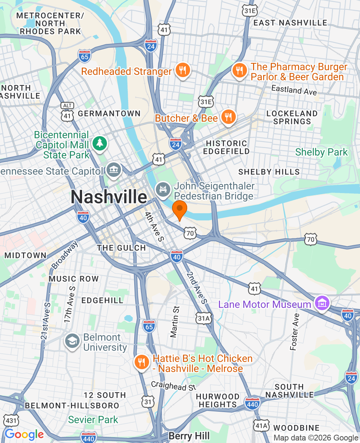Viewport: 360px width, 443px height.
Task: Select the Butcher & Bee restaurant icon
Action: pyautogui.click(x=228, y=117)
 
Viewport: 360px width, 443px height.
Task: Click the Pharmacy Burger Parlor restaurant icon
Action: pyautogui.click(x=239, y=70)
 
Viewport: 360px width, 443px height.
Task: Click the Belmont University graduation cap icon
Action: pyautogui.click(x=72, y=341)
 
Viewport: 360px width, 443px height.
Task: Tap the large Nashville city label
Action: pyautogui.click(x=109, y=197)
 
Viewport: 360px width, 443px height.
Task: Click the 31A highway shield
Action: pyautogui.click(x=203, y=318)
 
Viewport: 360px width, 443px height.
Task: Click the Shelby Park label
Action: pyautogui.click(x=321, y=152)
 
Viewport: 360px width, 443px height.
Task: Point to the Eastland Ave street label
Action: pyautogui.click(x=294, y=90)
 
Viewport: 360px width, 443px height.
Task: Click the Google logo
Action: pyautogui.click(x=24, y=435)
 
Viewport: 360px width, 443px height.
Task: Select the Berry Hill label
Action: pyautogui.click(x=189, y=436)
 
